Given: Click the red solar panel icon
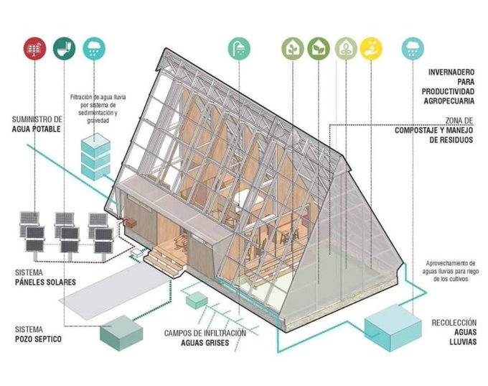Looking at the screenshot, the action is click(34, 48).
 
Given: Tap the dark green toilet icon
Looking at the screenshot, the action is click(64, 48).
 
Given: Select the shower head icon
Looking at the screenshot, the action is click(239, 48).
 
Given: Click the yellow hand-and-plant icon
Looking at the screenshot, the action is click(371, 48).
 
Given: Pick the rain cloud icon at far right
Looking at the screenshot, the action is click(413, 48).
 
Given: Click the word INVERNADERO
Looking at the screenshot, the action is click(451, 73).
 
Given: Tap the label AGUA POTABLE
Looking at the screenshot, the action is click(37, 129).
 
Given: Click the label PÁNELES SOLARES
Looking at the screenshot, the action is click(45, 282).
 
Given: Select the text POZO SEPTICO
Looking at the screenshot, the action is click(38, 339).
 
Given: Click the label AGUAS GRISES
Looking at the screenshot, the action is click(205, 343).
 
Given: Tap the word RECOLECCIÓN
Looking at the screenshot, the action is click(454, 323).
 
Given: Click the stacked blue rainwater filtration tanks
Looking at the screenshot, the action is click(95, 156).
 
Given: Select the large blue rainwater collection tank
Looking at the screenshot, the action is click(393, 327).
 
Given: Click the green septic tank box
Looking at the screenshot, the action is click(121, 333).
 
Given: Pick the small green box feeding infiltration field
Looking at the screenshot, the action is click(197, 300).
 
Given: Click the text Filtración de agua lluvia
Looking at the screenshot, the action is click(98, 97).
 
